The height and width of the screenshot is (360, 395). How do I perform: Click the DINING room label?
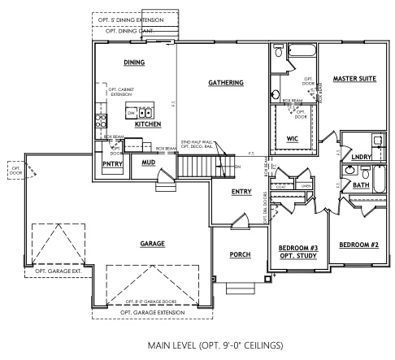134,63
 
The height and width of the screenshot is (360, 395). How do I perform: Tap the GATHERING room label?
224,83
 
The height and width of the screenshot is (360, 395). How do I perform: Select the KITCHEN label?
147,124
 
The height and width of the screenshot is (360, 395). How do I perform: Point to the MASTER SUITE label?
354,79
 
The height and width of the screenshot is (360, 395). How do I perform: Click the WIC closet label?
292,138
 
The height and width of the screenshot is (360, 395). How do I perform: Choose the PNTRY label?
112,163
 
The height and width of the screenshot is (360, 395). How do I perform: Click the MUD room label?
148,163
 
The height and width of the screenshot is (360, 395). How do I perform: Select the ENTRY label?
241,192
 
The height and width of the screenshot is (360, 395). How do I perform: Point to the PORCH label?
240,254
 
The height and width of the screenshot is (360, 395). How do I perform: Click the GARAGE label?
152,243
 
